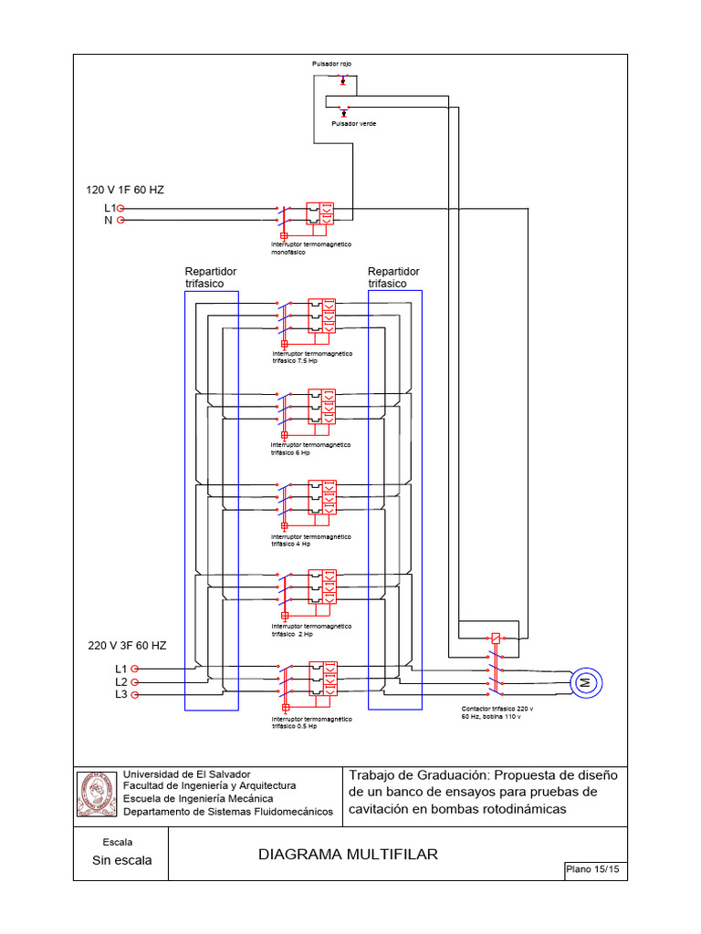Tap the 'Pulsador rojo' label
coord(331,64)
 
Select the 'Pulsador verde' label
coord(353,122)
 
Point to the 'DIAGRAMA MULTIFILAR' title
coord(348,855)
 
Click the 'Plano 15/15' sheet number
coord(593,871)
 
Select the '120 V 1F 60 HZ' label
coord(125,190)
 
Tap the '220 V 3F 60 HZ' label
coord(127,646)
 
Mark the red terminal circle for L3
coord(134,695)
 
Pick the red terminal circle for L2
coord(134,682)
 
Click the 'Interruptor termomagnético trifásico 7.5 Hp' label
coord(312,357)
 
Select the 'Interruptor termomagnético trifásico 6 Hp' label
coord(312,448)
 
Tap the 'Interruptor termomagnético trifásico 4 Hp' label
coord(312,540)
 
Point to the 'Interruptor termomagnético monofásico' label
coord(312,248)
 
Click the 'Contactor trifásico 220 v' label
coord(497,708)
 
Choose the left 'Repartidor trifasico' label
coord(211,277)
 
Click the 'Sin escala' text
coord(122,860)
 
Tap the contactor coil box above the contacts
coord(495,638)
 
